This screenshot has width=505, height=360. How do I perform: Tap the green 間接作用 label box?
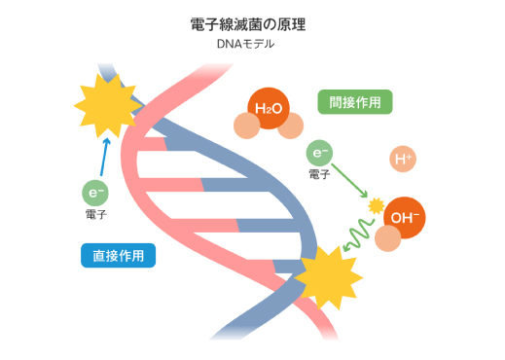pos(355,101)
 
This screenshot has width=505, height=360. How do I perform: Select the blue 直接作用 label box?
pos(118,256)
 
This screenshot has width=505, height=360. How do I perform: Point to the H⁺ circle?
pos(402,160)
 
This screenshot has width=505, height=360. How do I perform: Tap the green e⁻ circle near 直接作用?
pos(96,193)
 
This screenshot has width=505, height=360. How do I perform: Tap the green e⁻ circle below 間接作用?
pos(320,153)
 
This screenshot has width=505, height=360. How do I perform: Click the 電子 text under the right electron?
pos(319,174)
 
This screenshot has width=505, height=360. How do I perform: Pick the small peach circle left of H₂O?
pos(244,126)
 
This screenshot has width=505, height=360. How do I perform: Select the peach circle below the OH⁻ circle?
pos(388,240)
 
